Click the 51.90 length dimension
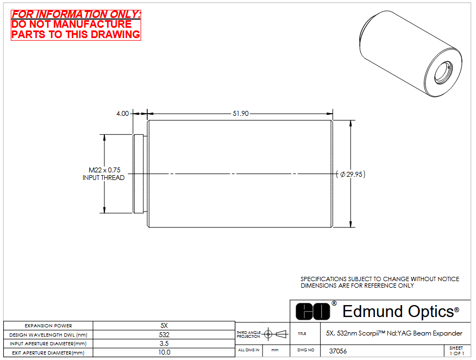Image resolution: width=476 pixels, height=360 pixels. coord(240,114)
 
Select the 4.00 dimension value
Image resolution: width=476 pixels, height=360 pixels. coord(123,114)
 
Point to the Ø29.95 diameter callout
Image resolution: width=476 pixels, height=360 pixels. coord(351,175)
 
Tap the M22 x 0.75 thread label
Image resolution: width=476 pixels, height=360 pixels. coord(104,170)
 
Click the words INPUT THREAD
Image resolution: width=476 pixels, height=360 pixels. coord(104,178)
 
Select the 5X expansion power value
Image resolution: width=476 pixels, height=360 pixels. coord(164,326)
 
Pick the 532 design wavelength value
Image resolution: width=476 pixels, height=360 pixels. coord(164,335)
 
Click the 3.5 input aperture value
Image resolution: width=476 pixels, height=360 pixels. coord(164,344)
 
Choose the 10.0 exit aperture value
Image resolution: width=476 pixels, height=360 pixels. coord(164,352)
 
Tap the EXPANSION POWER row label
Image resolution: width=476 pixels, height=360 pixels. coord(48,326)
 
